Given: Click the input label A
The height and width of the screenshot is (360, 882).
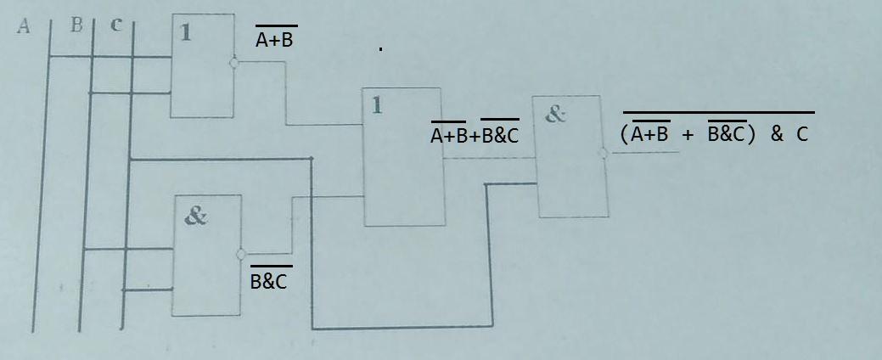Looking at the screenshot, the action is click(x=23, y=26).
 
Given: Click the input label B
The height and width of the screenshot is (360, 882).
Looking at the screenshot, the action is click(x=76, y=25).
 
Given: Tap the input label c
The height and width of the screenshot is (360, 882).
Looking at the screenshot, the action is click(x=115, y=25).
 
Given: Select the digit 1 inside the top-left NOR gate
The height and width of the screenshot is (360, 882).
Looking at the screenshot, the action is click(x=186, y=33).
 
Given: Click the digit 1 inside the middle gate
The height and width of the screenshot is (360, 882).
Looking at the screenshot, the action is click(x=377, y=105).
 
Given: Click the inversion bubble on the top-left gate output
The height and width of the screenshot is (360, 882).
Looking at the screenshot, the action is click(x=234, y=62).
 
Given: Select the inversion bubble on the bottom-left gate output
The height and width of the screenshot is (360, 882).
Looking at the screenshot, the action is click(x=242, y=253).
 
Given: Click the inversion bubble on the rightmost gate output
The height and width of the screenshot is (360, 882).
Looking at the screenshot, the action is click(x=603, y=154).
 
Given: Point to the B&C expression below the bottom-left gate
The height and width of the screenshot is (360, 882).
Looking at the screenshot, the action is click(x=268, y=280).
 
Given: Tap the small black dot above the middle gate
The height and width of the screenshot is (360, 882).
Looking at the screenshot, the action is click(x=381, y=49).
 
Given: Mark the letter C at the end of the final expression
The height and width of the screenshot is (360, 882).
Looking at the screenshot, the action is click(x=802, y=134).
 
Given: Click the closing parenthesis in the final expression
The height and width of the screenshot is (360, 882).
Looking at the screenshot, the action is click(x=751, y=134).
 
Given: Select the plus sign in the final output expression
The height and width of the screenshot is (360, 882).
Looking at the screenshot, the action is click(x=688, y=134).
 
